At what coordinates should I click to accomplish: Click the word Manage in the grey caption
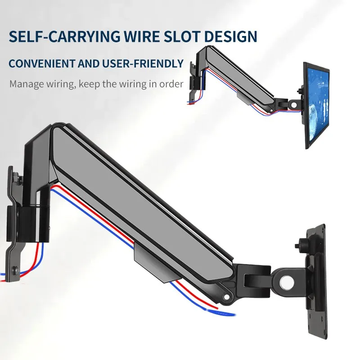pos(24,84)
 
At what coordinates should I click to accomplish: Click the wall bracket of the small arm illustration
pos(193,81)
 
